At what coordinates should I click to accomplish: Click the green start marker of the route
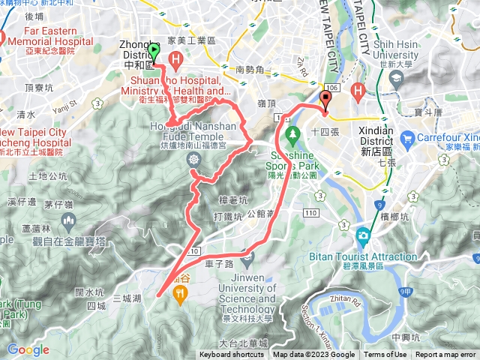pyautogui.click(x=154, y=51)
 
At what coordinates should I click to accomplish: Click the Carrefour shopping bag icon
pyautogui.click(x=408, y=138)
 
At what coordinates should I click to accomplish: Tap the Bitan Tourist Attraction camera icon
pyautogui.click(x=364, y=235)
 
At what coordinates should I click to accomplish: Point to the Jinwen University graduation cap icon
pyautogui.click(x=250, y=258)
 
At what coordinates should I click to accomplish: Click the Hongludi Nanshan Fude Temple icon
pyautogui.click(x=194, y=159)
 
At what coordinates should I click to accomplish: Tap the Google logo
pyautogui.click(x=28, y=349)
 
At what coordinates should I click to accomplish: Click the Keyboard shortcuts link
pyautogui.click(x=231, y=355)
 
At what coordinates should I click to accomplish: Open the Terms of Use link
pyautogui.click(x=385, y=355)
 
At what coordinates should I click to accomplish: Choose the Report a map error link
pyautogui.click(x=446, y=355)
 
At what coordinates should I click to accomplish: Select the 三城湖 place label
pyautogui.click(x=127, y=298)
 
